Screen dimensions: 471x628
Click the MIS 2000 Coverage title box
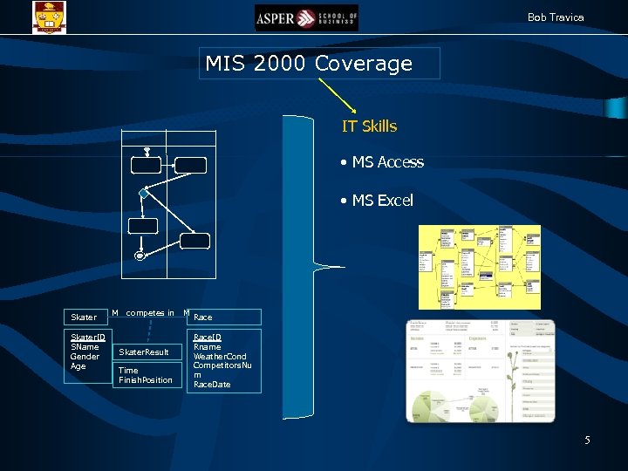coord(320,64)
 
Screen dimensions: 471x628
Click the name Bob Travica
coord(556,17)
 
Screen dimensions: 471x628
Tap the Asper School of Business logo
coord(307,17)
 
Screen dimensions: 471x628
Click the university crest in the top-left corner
coord(49,16)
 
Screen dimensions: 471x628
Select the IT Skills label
coord(369,126)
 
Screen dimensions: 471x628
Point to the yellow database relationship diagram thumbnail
coord(480,267)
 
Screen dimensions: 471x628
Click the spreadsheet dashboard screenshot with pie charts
coord(481,370)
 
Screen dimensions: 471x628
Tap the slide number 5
coord(587,440)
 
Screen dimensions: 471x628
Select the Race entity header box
coord(224,317)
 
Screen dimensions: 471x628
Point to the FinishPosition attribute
coord(146,380)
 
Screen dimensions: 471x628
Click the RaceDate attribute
coord(212,385)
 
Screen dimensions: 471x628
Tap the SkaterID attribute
coord(88,338)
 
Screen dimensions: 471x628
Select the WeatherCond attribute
coord(220,357)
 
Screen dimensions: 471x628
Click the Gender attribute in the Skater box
coord(85,357)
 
